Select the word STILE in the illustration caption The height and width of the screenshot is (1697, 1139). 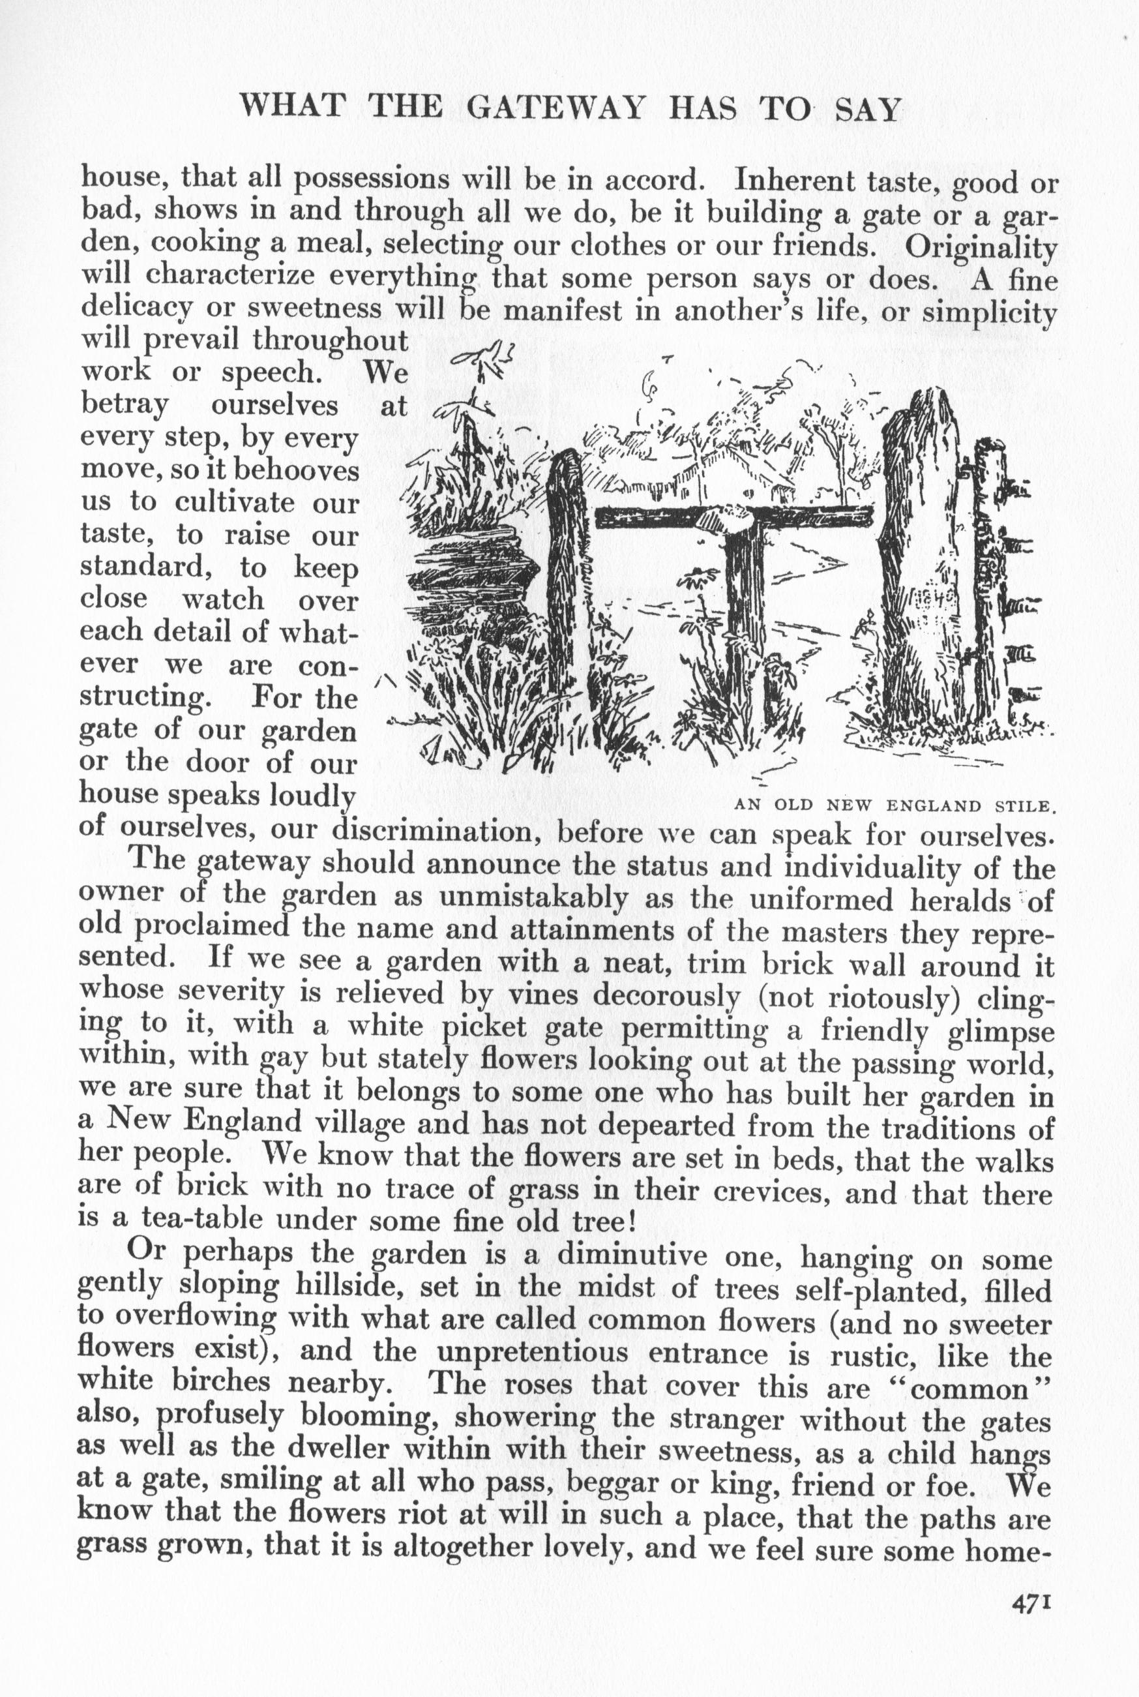pos(1025,805)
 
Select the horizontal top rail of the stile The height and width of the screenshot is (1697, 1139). pos(733,517)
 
